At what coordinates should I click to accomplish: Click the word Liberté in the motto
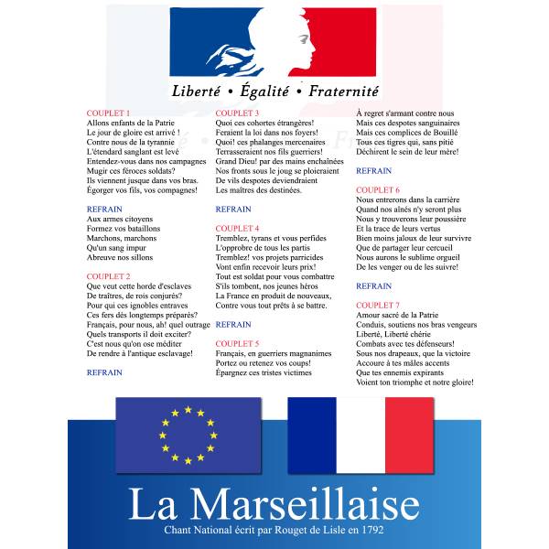click(200, 91)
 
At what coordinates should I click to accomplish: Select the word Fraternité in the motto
click(343, 91)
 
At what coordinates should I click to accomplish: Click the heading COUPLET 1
click(108, 113)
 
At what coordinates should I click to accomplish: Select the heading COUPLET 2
click(108, 275)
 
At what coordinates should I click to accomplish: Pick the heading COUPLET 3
click(237, 113)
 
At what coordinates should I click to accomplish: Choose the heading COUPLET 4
click(237, 228)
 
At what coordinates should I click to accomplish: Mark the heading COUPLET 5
click(237, 343)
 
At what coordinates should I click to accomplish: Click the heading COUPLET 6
click(378, 189)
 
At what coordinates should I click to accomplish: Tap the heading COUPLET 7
click(378, 305)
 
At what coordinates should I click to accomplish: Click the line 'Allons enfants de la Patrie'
click(130, 123)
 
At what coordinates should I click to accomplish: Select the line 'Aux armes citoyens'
click(120, 219)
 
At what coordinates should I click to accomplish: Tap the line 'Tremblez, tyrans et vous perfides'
click(271, 238)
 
